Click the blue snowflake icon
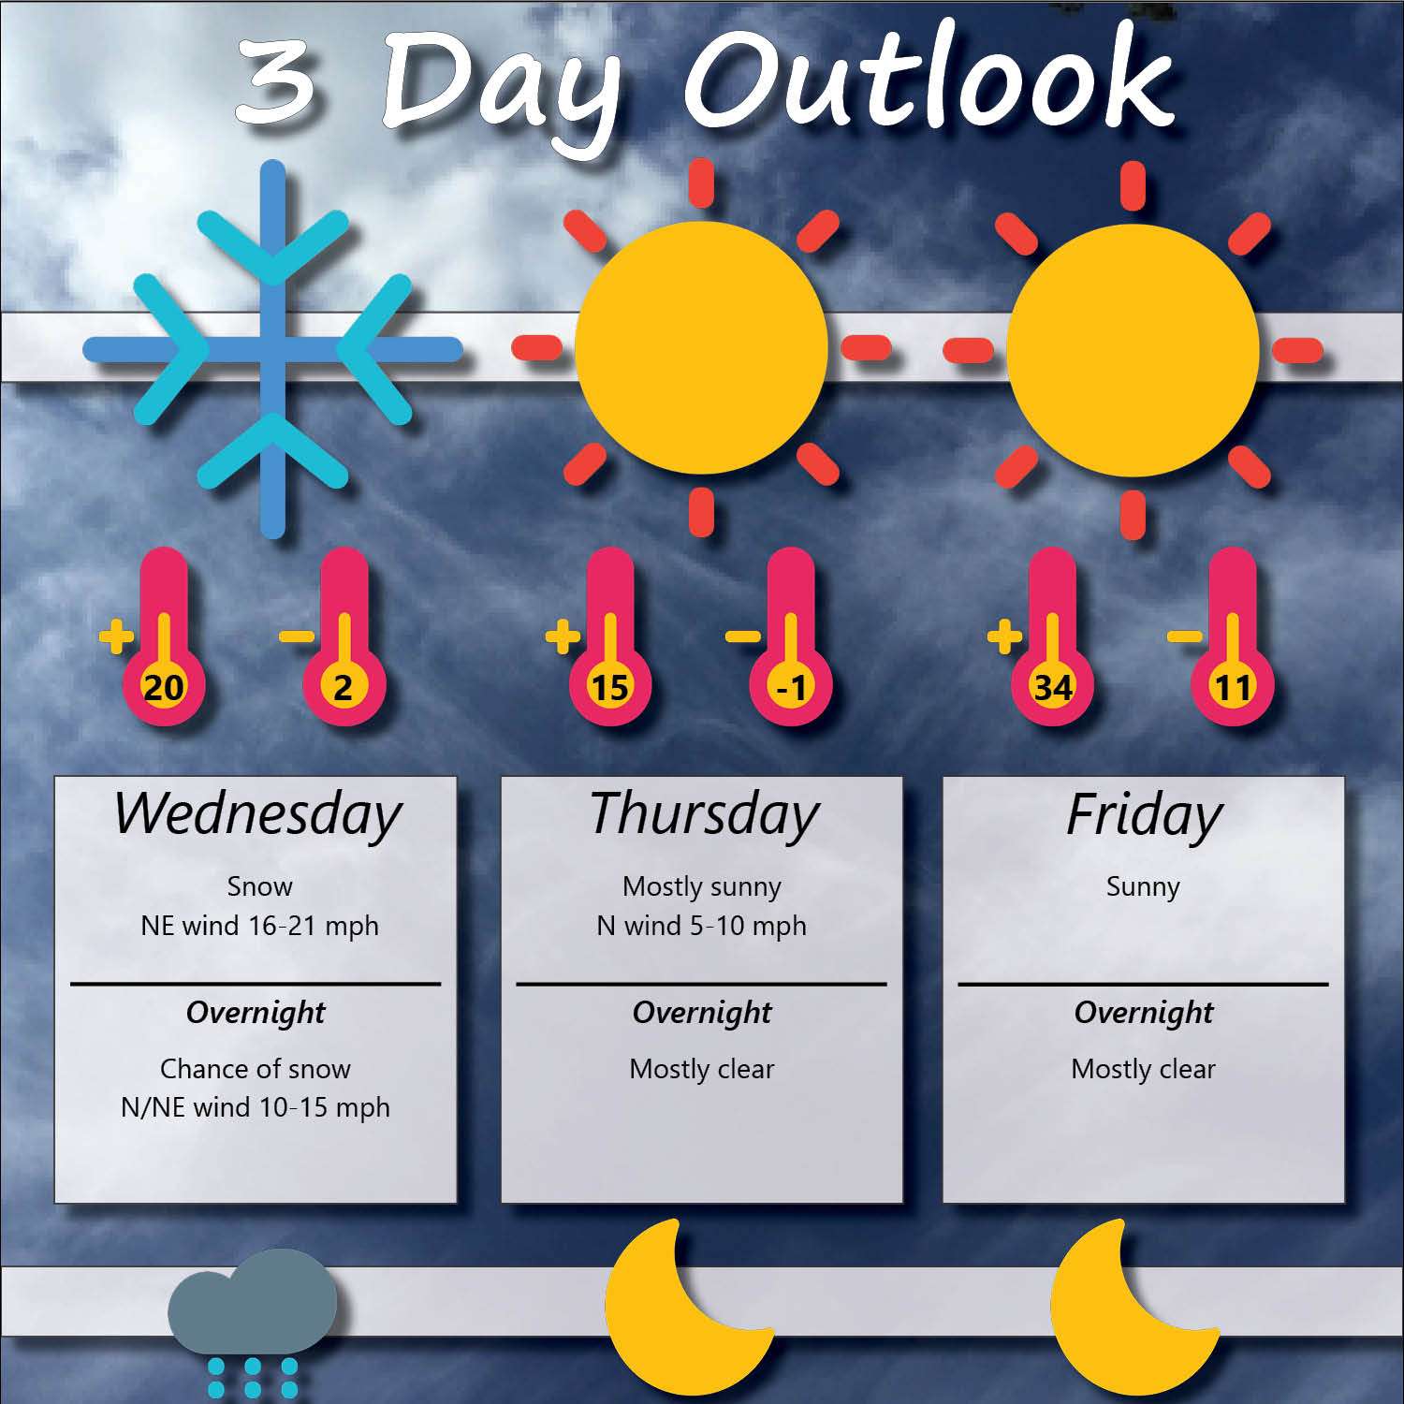(x=272, y=349)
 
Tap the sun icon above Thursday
(x=701, y=348)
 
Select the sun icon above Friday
(x=1133, y=350)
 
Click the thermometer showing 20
(x=163, y=636)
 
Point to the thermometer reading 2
(x=344, y=636)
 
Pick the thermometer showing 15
(x=609, y=636)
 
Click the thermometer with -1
(x=791, y=636)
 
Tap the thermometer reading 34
(x=1052, y=636)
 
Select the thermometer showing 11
(x=1232, y=636)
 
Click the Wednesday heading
(x=257, y=814)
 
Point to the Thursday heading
(x=704, y=814)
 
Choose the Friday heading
(x=1144, y=814)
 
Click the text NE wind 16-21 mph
(x=259, y=926)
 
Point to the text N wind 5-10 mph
(x=701, y=926)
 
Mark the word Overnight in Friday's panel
(x=1144, y=1013)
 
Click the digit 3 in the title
(x=275, y=82)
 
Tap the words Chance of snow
(x=255, y=1069)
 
